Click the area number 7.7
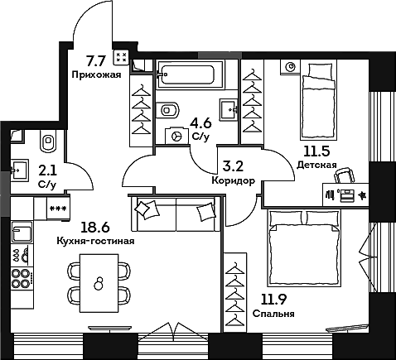click(97, 59)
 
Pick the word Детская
click(316, 165)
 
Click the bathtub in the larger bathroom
click(190, 76)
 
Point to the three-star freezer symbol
click(58, 208)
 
